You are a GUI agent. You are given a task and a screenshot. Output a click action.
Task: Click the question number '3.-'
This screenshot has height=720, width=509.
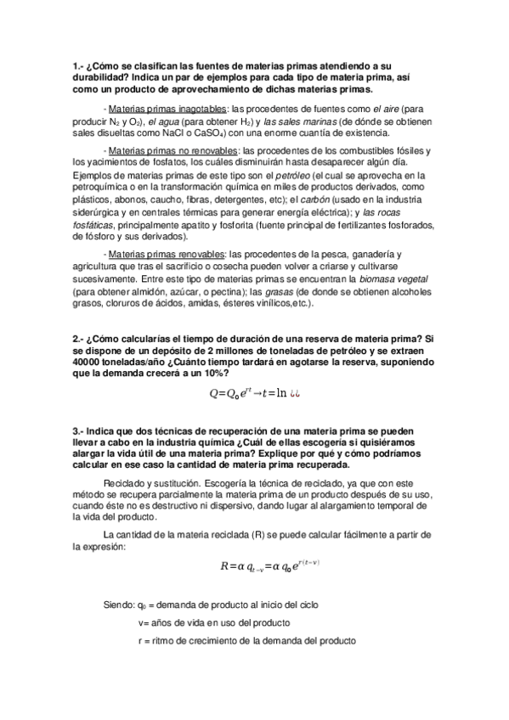pos(79,430)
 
